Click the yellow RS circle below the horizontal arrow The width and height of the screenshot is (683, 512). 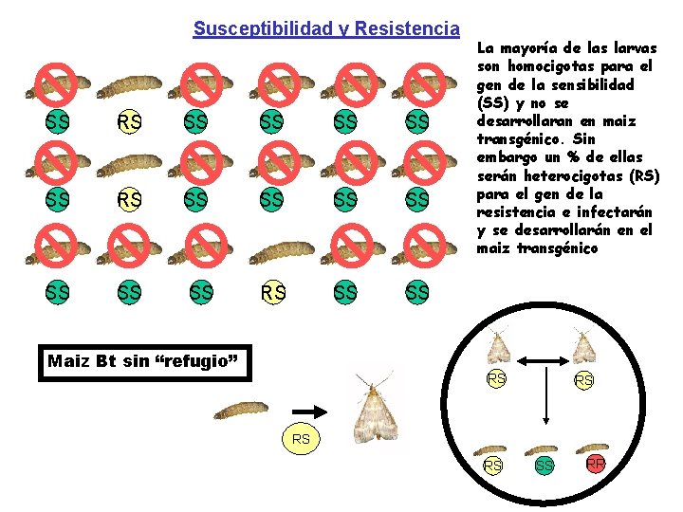point(301,439)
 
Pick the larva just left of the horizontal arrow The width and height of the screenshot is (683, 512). point(240,411)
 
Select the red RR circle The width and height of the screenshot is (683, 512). point(595,464)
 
